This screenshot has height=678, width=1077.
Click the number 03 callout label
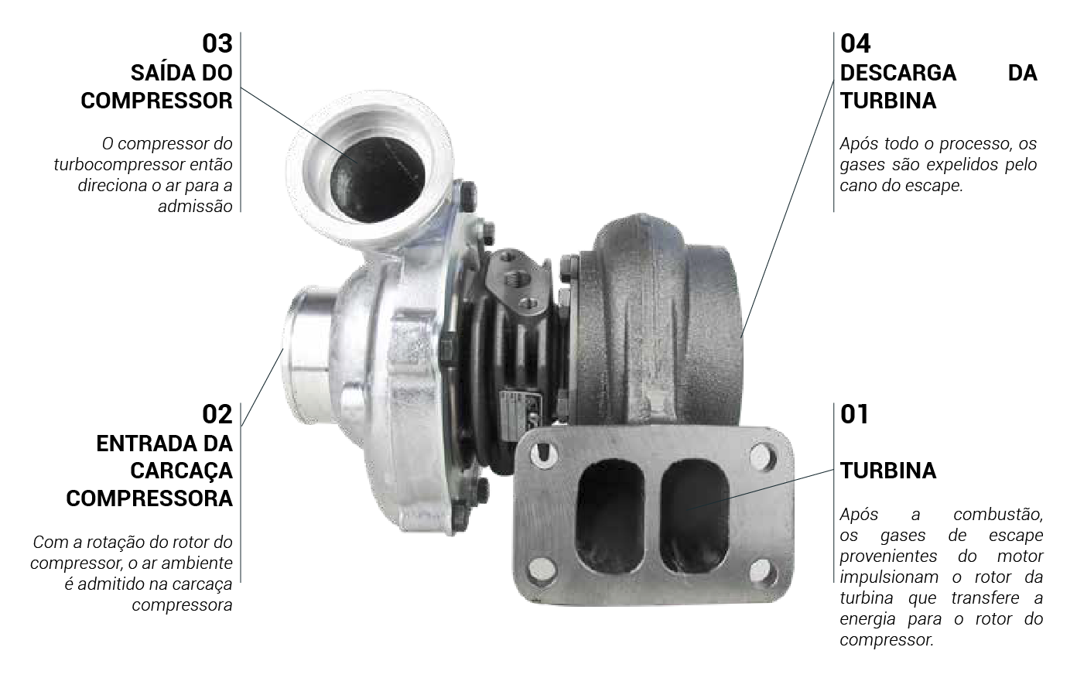217,43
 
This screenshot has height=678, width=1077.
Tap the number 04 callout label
856,43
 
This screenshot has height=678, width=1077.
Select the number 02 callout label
217,414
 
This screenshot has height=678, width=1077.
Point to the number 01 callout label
854,414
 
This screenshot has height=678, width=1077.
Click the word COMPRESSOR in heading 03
157,101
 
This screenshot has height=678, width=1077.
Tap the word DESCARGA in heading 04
898,73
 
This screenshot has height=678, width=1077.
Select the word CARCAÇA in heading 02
181,471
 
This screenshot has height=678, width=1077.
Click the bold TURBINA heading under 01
888,471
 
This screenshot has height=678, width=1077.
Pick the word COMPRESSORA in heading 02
149,498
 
